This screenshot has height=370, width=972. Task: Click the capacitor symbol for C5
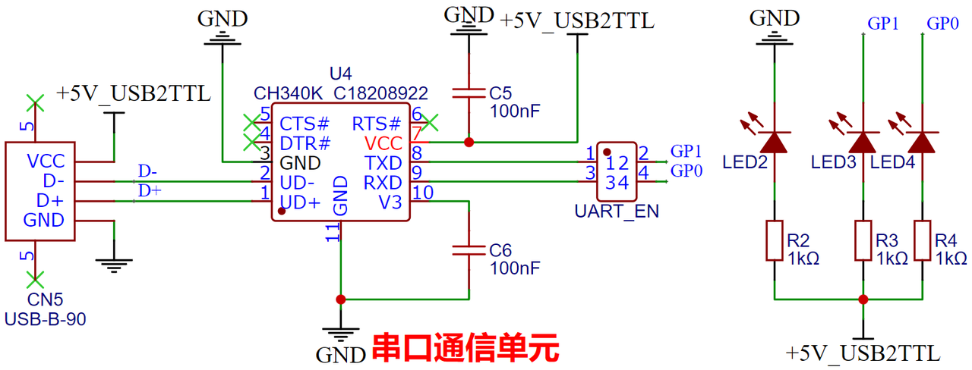[469, 92]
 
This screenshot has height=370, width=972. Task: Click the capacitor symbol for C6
[469, 250]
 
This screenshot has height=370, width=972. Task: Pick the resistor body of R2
[775, 240]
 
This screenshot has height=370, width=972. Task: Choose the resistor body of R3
[863, 240]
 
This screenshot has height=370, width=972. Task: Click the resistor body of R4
[922, 240]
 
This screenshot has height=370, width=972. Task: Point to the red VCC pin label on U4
[383, 143]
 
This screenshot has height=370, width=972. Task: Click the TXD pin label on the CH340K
[383, 163]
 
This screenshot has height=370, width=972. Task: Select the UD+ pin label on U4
[300, 202]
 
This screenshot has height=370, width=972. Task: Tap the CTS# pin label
[305, 124]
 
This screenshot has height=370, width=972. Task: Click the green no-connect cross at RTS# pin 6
[430, 123]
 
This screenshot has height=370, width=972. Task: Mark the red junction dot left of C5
[469, 142]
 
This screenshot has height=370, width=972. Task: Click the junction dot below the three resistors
[863, 299]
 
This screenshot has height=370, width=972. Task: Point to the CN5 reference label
[45, 299]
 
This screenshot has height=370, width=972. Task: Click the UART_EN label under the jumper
[617, 212]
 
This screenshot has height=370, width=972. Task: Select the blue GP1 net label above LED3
[883, 24]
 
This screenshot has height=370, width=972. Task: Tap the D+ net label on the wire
[150, 190]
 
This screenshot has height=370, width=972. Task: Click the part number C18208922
[380, 93]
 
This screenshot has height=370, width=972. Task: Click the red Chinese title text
[465, 347]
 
